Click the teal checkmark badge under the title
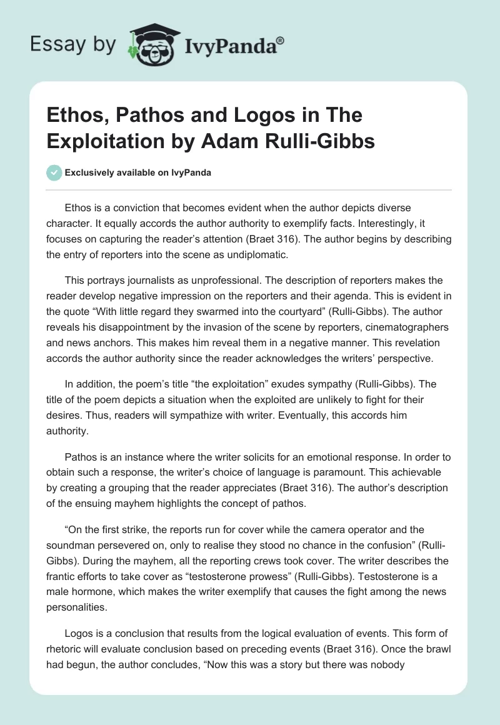tap(54, 172)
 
